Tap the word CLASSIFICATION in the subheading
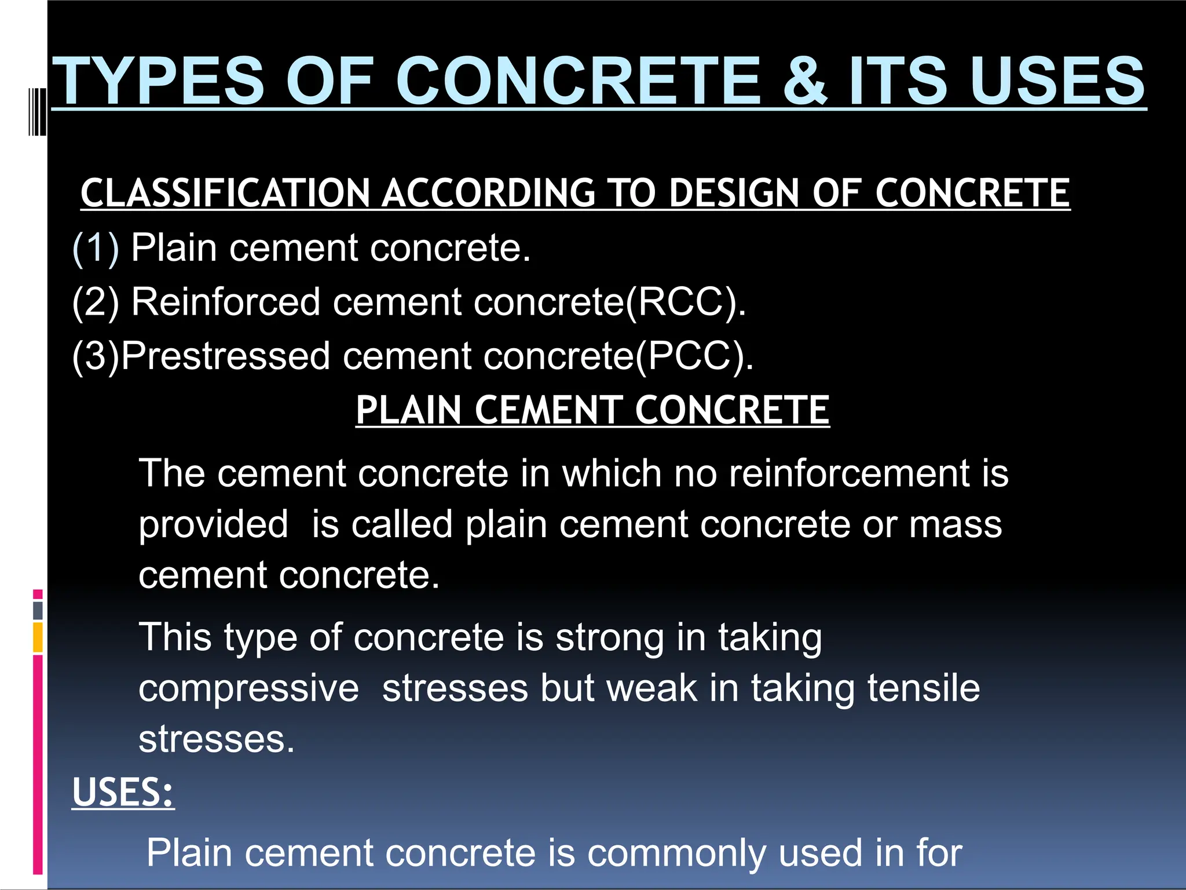[225, 193]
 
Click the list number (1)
[96, 248]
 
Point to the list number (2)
[96, 302]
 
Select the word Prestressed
[225, 356]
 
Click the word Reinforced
[225, 302]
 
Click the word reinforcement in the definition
[848, 473]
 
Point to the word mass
[955, 524]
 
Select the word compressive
[248, 688]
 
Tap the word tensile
[923, 688]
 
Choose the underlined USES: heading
[123, 793]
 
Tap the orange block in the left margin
[38, 637]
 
